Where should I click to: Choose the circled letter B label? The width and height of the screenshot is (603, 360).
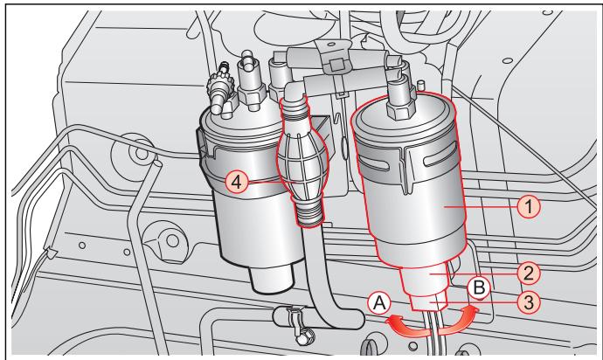pyautogui.click(x=478, y=286)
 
